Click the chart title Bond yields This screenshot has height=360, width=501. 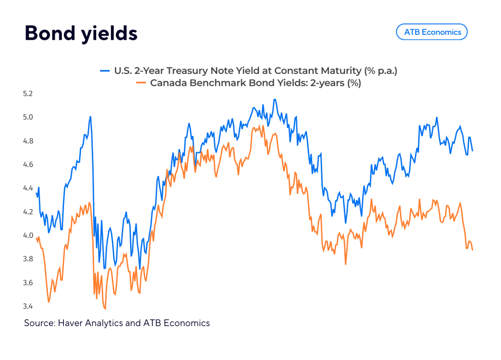(x=81, y=34)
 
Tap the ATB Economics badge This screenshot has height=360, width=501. (x=432, y=32)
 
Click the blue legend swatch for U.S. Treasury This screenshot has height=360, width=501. (x=105, y=71)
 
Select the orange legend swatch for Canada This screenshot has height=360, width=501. (x=141, y=83)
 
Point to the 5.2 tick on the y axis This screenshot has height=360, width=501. (x=28, y=93)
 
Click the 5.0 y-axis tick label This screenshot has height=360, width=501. (x=28, y=117)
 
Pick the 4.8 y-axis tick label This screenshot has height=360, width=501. (x=28, y=141)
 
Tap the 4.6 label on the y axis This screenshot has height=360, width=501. (x=28, y=165)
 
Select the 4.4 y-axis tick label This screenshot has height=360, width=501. (x=28, y=188)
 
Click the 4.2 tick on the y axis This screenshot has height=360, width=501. (x=28, y=212)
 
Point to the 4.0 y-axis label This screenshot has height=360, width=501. (x=28, y=235)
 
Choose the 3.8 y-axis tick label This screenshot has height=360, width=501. (x=28, y=259)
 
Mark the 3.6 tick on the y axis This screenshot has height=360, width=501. (x=28, y=283)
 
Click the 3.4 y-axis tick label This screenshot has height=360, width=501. (x=28, y=306)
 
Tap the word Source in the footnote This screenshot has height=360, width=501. (x=39, y=323)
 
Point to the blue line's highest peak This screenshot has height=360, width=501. (x=275, y=100)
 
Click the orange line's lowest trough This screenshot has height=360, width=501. (x=105, y=309)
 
